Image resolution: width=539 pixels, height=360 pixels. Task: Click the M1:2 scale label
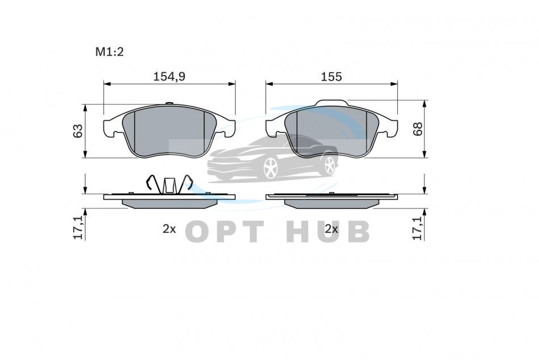[x=110, y=52]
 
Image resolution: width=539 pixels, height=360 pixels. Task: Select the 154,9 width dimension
[x=169, y=77]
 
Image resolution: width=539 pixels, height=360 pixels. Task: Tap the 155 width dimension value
[x=331, y=77]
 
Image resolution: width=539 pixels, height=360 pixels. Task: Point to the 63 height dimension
[x=78, y=131]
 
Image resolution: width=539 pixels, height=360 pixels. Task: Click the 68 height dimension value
[x=418, y=129]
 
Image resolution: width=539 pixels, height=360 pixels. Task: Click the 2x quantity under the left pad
[x=169, y=229]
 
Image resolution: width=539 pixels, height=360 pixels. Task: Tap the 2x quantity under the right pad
[x=332, y=229]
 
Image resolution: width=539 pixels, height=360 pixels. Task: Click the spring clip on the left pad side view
[x=169, y=184]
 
